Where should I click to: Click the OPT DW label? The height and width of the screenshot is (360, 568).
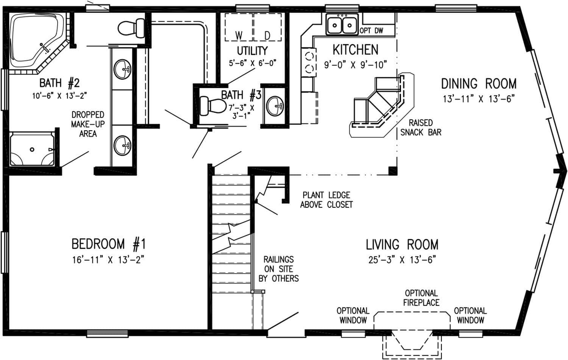point(371,31)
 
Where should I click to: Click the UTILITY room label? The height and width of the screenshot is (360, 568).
point(252,50)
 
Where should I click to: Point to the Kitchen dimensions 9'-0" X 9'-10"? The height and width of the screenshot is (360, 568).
point(356,65)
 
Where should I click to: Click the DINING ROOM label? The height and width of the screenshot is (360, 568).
point(479,83)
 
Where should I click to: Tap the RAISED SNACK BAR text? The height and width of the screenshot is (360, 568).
point(421,128)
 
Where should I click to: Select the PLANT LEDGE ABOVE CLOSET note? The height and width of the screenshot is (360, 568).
point(326,200)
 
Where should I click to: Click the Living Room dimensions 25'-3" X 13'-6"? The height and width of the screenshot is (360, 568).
point(402,260)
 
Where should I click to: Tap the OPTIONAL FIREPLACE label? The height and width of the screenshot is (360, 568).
point(421,298)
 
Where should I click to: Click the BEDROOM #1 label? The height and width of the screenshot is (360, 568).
point(109,244)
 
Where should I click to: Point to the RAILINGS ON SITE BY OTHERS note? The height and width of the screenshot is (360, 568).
point(279,269)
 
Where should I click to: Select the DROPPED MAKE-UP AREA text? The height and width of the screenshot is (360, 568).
point(88,124)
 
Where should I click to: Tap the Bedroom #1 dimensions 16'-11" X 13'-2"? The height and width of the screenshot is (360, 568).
point(109,260)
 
